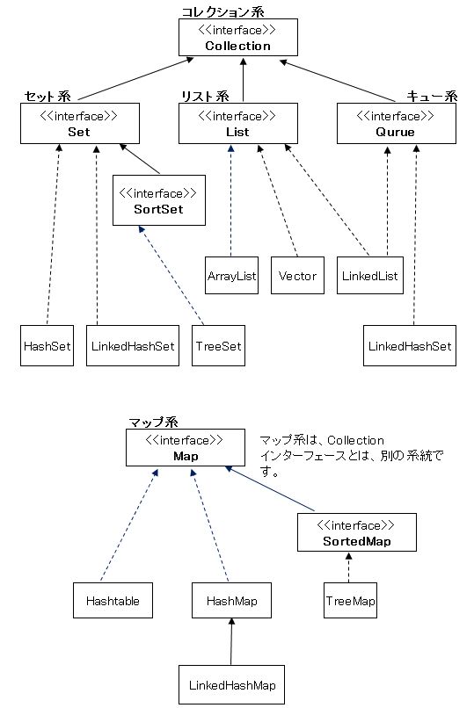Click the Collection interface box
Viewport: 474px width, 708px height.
238,38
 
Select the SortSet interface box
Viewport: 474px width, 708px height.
159,200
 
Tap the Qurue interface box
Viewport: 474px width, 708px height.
397,123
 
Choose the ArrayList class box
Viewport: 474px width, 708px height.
232,276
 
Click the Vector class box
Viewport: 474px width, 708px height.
298,276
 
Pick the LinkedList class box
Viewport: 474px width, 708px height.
370,276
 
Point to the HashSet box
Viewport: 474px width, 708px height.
47,345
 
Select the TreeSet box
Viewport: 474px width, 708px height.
218,345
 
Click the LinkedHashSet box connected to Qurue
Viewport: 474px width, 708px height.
410,345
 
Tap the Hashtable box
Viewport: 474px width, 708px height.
113,600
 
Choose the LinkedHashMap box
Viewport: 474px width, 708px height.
232,684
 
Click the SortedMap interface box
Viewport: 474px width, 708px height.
357,532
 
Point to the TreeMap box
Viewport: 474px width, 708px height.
350,600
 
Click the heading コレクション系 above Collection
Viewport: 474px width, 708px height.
222,11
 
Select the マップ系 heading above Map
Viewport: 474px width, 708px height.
154,423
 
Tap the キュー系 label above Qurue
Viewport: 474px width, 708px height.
432,96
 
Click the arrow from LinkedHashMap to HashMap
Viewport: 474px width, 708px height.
231,641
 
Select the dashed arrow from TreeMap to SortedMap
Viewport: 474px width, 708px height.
349,567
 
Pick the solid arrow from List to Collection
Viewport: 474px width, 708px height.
243,79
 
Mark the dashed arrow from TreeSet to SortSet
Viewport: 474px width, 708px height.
171,276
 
